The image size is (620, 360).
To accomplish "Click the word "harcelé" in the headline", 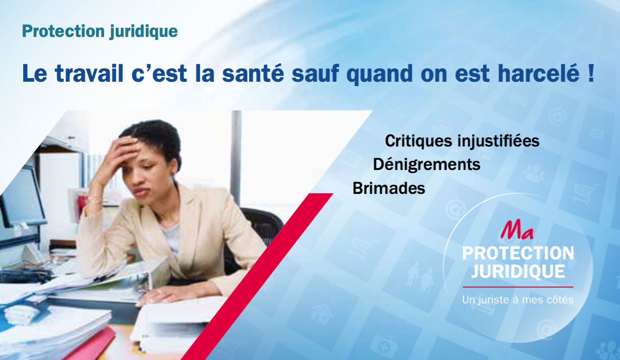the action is pos(538,73).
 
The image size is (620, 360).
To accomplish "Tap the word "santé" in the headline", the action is pos(253,73).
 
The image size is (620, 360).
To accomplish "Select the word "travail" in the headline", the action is pos(89,73).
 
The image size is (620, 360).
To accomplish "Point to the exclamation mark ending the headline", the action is pos(591,73).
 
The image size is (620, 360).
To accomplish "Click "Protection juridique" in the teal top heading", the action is pos(100,31).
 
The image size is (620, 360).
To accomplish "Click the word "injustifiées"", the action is pos(499,141).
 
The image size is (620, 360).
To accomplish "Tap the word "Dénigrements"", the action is pos(427,165).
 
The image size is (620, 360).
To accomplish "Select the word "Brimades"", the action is pos(389,188).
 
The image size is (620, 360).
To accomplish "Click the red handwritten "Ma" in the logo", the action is pos(517,230).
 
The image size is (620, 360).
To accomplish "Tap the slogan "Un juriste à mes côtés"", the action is pos(517,300).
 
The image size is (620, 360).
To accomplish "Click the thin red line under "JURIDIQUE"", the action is pos(518,287).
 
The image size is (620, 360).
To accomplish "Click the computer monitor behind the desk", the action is pos(20,199).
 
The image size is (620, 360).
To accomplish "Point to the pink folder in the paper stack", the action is pos(91,344).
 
